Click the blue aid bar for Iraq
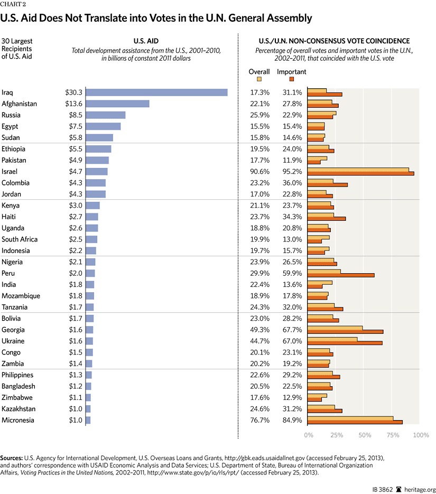coord(156,92)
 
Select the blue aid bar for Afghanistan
coord(117,104)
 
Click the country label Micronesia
coord(19,420)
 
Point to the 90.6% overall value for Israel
coord(259,172)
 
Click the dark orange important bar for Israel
coord(360,173)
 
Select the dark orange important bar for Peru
coord(341,275)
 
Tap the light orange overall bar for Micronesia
coord(350,418)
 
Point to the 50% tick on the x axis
coord(365,435)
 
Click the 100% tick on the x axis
coord(421,435)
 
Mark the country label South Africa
coord(20,239)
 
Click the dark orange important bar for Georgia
coord(346,332)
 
